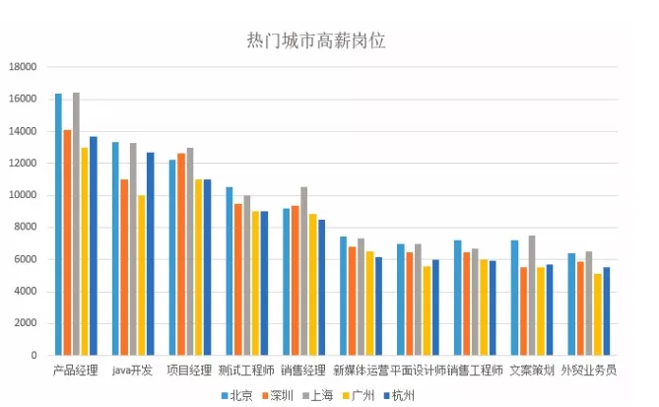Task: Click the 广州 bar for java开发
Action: tap(142, 275)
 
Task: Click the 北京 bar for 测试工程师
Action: tap(230, 271)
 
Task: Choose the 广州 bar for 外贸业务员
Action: tap(598, 314)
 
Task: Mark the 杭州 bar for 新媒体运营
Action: tap(378, 305)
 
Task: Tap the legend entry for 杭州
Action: tap(398, 395)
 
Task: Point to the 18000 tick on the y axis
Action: tap(22, 67)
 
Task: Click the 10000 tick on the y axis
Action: tap(22, 195)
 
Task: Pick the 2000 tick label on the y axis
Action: tap(25, 323)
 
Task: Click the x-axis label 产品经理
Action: tap(75, 371)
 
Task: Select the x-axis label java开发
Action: tap(132, 371)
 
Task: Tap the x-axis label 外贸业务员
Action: tap(589, 371)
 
